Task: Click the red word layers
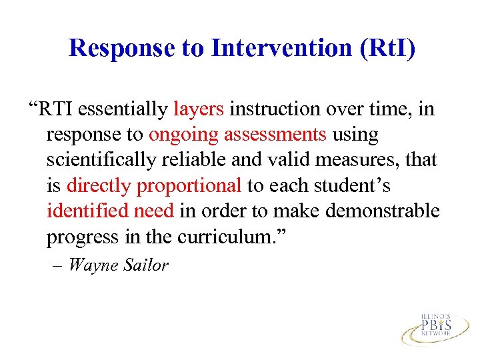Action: pyautogui.click(x=199, y=109)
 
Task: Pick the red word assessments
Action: pyautogui.click(x=275, y=135)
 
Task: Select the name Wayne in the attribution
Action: pyautogui.click(x=91, y=265)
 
